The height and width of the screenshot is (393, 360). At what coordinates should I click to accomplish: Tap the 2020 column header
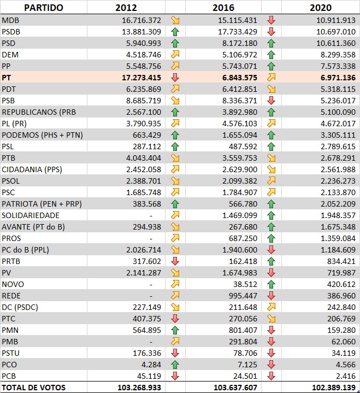click(x=321, y=8)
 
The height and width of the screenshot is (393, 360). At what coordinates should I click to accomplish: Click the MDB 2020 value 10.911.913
click(x=332, y=20)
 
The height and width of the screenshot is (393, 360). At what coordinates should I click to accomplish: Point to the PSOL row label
click(x=12, y=181)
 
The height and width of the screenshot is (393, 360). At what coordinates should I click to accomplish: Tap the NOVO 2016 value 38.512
click(x=245, y=284)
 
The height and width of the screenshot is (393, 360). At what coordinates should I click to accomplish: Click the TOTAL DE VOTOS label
click(x=33, y=388)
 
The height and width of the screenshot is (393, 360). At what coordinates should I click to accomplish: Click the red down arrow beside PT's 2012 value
click(x=175, y=78)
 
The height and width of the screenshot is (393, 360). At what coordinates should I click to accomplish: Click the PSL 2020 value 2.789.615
click(x=334, y=146)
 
